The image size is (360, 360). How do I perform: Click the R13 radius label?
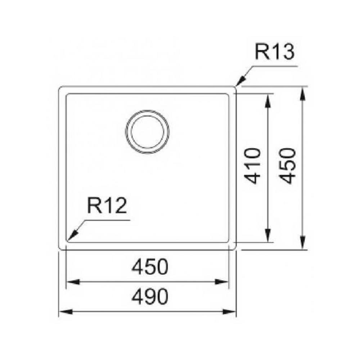tap(274, 52)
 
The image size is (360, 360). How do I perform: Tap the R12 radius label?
tap(107, 206)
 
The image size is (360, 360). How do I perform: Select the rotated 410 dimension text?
tap(252, 166)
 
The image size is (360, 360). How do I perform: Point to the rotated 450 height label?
tap(288, 166)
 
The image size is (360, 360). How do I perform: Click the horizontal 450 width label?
tap(150, 267)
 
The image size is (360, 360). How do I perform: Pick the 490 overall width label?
tap(150, 297)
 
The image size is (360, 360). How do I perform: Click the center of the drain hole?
tap(147, 131)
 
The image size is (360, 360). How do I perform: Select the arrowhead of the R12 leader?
tap(73, 235)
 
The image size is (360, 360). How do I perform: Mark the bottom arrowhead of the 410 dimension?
tap(267, 235)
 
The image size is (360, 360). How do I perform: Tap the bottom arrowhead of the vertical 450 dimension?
tap(303, 242)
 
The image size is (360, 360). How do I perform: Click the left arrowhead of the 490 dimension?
tap(66, 312)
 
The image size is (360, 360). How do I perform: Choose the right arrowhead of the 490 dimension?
tap(229, 312)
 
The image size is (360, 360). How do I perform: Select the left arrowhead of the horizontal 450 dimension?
tap(73, 282)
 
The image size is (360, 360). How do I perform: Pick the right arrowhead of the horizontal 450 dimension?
tap(222, 282)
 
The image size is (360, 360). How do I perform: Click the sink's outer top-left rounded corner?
tap(60, 87)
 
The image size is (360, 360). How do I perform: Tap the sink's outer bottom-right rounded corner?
tap(235, 248)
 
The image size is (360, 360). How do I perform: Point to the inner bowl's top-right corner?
tap(228, 95)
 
